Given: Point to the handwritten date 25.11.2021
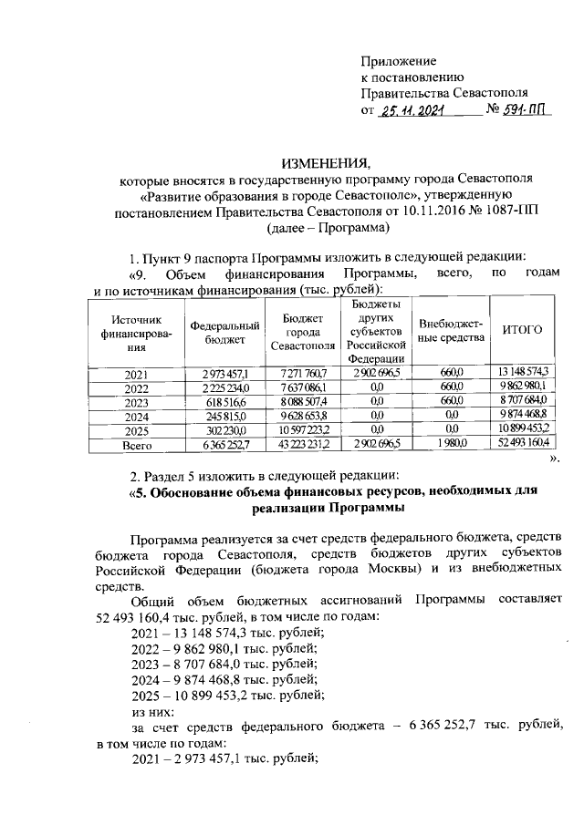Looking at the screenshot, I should tap(414, 111).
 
